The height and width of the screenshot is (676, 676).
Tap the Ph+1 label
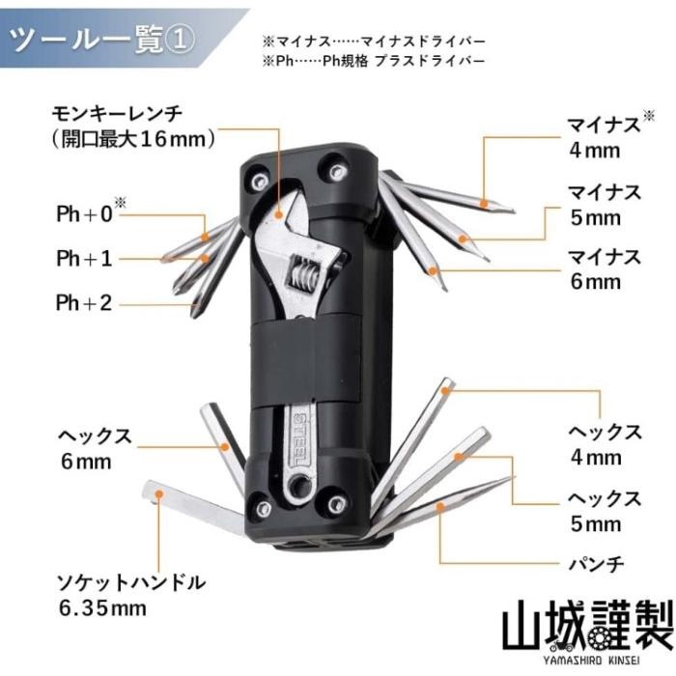pos(85,258)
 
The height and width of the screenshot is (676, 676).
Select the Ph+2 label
pos(85,302)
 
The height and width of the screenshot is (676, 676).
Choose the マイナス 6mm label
pos(604,269)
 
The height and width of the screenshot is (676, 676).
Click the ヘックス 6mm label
pos(95,449)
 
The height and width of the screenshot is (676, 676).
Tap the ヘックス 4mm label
pos(605,444)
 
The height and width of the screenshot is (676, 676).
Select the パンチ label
pos(596,564)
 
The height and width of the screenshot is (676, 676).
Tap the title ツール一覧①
pos(102,40)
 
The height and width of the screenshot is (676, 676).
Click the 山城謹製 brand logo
pos(588,632)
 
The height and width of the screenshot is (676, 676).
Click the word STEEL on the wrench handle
pos(300,438)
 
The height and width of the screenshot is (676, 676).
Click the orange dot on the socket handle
pos(159,493)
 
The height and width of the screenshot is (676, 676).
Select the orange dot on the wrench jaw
pos(278,214)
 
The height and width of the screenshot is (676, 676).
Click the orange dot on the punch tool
pos(439,507)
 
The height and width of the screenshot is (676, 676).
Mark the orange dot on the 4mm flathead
pos(484,202)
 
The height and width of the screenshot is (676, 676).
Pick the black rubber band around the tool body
pos(305,360)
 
